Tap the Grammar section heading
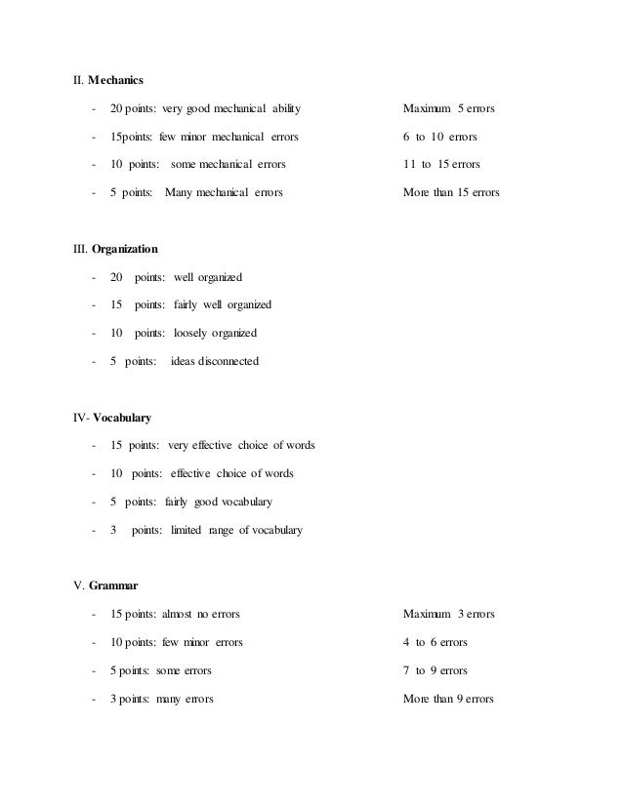tap(113, 586)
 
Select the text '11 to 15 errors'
tap(441, 163)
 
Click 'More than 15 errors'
tap(451, 192)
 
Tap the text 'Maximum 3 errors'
tap(449, 615)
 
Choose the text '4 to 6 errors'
tap(436, 643)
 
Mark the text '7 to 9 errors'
tap(436, 671)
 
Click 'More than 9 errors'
tap(449, 700)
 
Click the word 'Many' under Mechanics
tap(181, 192)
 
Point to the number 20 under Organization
tap(117, 277)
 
